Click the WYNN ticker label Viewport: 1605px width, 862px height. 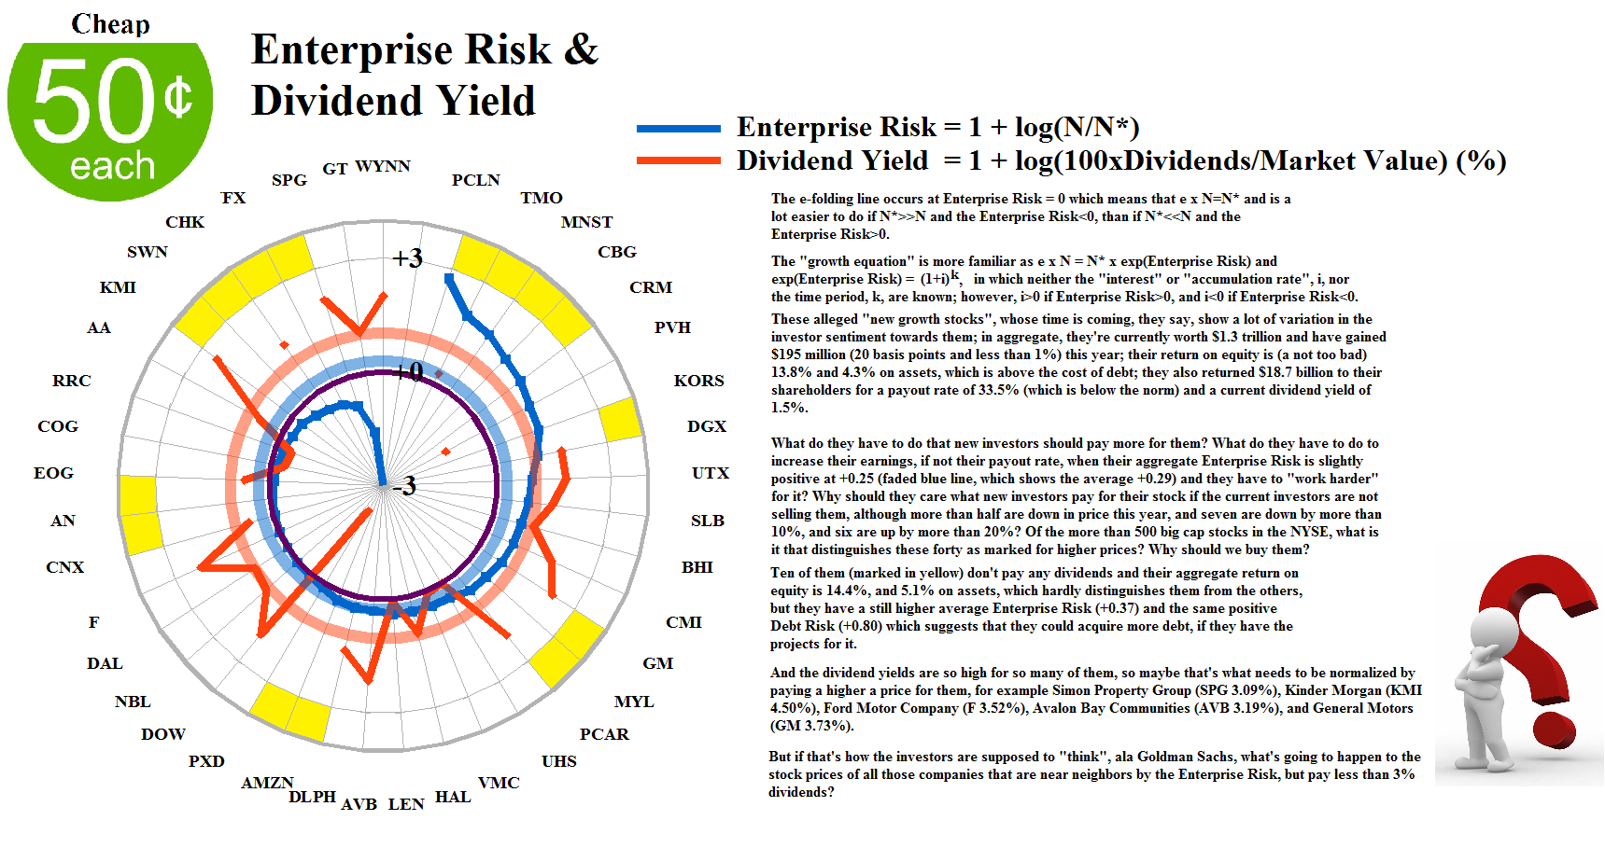click(x=383, y=166)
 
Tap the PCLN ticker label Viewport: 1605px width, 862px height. click(x=475, y=180)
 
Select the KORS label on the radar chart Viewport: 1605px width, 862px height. click(x=698, y=381)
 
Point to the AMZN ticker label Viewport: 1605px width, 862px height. click(x=267, y=783)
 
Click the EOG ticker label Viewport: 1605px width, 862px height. click(x=53, y=473)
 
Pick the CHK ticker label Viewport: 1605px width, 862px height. click(x=185, y=222)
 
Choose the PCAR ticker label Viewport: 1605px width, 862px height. click(x=604, y=734)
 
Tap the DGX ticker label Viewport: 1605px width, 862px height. click(x=706, y=426)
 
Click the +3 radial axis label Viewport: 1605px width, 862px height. click(x=407, y=257)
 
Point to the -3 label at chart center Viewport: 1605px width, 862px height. click(x=404, y=486)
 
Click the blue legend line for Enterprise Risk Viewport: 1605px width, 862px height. click(x=678, y=129)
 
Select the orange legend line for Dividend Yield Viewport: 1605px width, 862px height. click(x=678, y=160)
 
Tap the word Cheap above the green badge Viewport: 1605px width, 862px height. click(x=110, y=24)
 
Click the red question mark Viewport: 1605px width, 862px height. click(x=1541, y=634)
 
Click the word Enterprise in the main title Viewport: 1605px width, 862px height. click(x=354, y=49)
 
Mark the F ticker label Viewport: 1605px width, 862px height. click(x=93, y=622)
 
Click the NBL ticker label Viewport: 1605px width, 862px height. click(x=133, y=702)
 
